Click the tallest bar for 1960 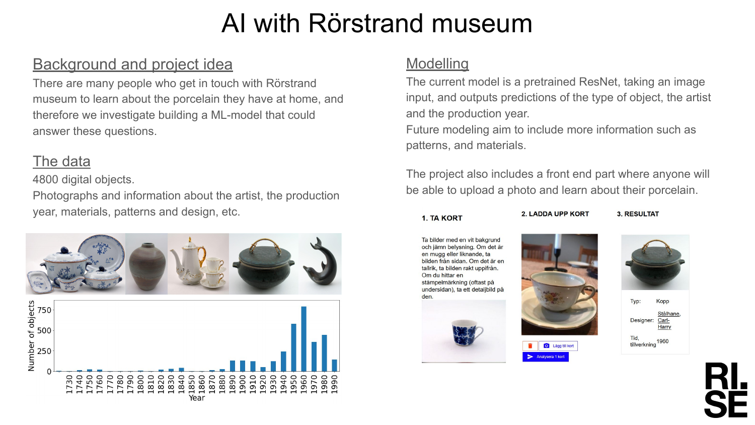304,339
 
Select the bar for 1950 293,347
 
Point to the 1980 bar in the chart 324,353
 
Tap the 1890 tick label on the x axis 232,384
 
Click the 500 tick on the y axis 44,330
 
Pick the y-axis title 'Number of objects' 31,336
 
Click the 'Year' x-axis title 197,398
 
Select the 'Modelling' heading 437,63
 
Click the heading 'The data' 61,161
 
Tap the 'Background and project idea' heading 132,64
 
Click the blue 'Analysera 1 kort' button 545,357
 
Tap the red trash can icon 530,346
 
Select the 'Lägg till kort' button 558,346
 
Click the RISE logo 725,390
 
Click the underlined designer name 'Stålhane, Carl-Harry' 669,320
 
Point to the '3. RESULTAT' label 638,214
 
